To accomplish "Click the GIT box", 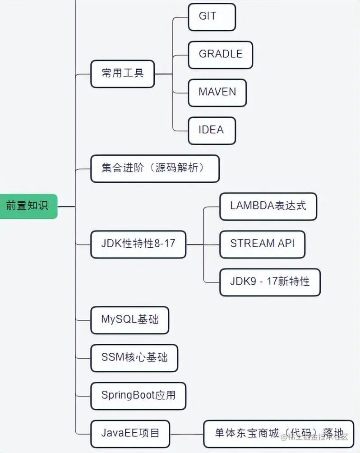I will point(212,17).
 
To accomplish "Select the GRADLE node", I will point(220,55).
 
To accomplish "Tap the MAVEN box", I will point(217,92).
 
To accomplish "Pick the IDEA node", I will point(212,130).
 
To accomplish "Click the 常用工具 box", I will point(122,74).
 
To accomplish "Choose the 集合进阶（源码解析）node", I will point(155,168).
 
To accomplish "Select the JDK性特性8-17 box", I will point(138,244).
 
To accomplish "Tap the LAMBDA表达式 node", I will point(268,206).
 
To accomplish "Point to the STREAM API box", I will point(262,244).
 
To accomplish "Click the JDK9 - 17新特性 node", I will point(270,282).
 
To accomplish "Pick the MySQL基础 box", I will point(129,320).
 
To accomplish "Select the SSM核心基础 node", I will point(134,358).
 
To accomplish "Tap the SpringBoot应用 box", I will point(138,396).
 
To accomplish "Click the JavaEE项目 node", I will point(130,434).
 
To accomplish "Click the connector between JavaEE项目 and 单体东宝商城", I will point(187,434).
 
